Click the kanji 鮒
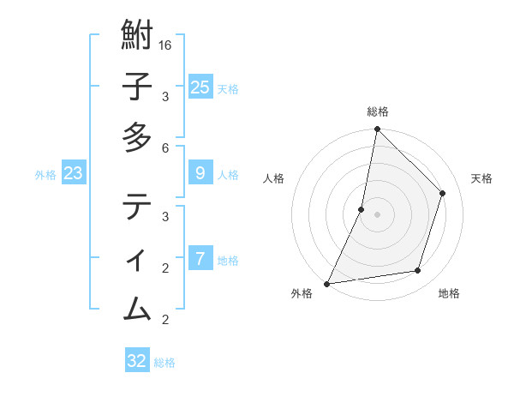pyautogui.click(x=137, y=36)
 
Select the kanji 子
pyautogui.click(x=137, y=87)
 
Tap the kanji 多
pyautogui.click(x=137, y=137)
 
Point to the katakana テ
pyautogui.click(x=137, y=207)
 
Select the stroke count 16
pyautogui.click(x=165, y=45)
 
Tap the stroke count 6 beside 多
pyautogui.click(x=165, y=147)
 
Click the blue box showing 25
pyautogui.click(x=200, y=87)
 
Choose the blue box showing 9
pyautogui.click(x=200, y=173)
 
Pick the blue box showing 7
pyautogui.click(x=200, y=258)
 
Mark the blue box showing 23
pyautogui.click(x=74, y=173)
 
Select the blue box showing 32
pyautogui.click(x=137, y=361)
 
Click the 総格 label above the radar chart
pyautogui.click(x=377, y=111)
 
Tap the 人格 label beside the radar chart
pyautogui.click(x=274, y=178)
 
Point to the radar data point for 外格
pyautogui.click(x=326, y=283)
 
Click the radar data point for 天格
pyautogui.click(x=443, y=193)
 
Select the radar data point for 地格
pyautogui.click(x=418, y=271)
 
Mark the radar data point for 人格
pyautogui.click(x=362, y=209)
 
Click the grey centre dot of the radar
pyautogui.click(x=377, y=214)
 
